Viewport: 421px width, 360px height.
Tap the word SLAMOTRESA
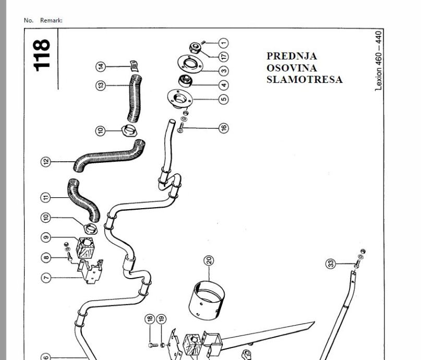[x=304, y=79]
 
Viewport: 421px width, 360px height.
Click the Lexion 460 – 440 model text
[x=379, y=60]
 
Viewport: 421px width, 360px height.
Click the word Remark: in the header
[x=51, y=20]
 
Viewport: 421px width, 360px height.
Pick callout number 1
[x=223, y=42]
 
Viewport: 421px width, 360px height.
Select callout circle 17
[x=223, y=56]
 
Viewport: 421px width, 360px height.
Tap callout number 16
[x=223, y=127]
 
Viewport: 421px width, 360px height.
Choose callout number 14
[x=101, y=66]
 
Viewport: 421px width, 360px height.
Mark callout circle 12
[x=46, y=161]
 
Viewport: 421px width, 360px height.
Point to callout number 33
[x=330, y=263]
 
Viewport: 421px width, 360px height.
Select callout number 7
[x=46, y=278]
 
